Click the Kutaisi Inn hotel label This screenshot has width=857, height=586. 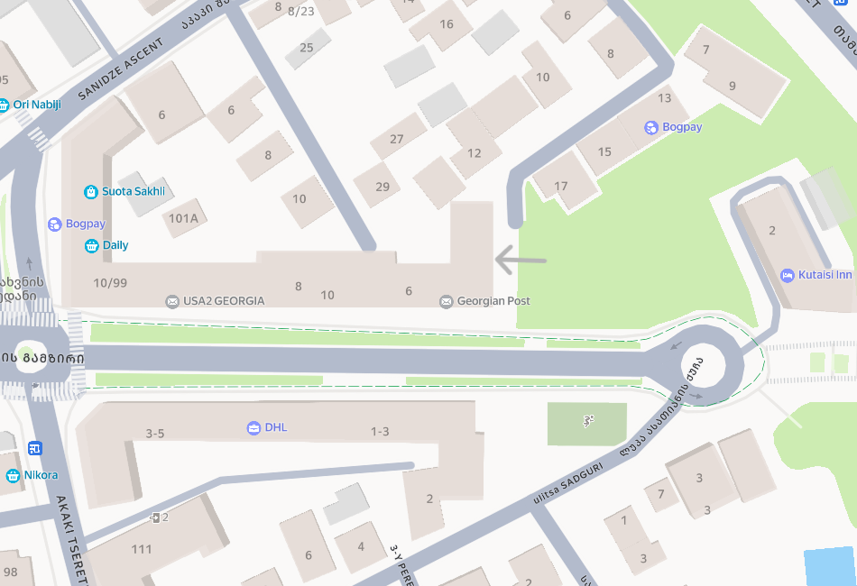[825, 275]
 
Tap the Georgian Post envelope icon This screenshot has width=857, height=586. [446, 301]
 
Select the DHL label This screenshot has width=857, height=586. [276, 427]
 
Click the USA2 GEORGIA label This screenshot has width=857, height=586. [224, 301]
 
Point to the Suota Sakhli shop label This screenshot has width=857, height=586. [133, 191]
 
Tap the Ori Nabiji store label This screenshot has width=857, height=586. [37, 105]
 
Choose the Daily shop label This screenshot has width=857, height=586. [115, 245]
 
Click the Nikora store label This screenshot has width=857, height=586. [41, 475]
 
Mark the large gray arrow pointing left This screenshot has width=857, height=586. [521, 261]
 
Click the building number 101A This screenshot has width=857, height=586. [183, 218]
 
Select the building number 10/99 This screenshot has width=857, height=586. [110, 283]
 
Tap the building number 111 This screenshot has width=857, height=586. [142, 549]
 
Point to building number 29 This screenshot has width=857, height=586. [382, 187]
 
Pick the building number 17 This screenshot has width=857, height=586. [561, 187]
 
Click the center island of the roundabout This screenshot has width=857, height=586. [711, 365]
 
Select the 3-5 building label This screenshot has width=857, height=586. [155, 433]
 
